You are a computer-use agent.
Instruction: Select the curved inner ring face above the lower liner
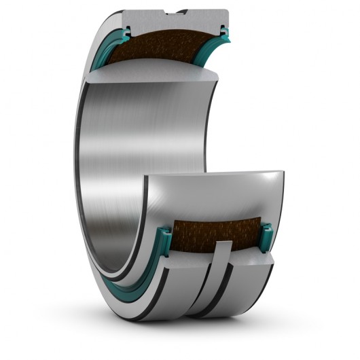pyautogui.click(x=217, y=194)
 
